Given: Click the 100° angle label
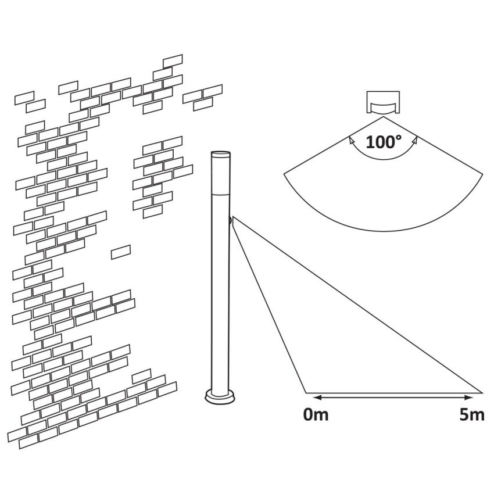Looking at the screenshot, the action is coord(384,142).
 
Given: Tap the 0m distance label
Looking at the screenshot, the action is coord(316,414).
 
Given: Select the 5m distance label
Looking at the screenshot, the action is coord(472,414).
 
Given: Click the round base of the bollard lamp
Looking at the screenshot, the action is coord(220,396).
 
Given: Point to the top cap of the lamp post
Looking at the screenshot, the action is coord(220,155).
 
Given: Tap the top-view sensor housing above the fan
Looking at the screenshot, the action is coord(384,102).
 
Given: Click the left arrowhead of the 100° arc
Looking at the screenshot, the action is coord(350,139).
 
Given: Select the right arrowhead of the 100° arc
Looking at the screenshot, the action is coord(415,140).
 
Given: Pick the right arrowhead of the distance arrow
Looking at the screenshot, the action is coord(470,398).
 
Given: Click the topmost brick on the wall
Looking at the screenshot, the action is coord(173,61).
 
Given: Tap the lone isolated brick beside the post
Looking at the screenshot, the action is coord(121,252).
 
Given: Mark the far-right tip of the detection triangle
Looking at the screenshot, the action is coord(482,393).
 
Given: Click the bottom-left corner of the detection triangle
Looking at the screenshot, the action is coord(306,393).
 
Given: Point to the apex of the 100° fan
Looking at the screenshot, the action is coord(384,117).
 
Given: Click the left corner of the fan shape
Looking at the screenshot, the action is coord(284,174).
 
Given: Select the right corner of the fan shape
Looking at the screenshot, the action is coord(482,174).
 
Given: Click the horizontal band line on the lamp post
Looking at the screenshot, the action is coord(220,195).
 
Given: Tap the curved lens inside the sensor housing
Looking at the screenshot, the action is coord(384,106).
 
